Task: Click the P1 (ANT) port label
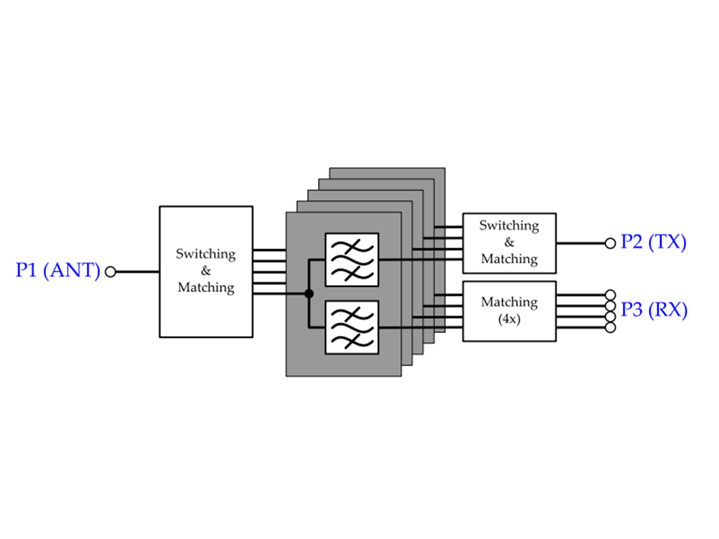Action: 58,271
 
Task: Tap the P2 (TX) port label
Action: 653,242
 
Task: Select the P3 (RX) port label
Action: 653,310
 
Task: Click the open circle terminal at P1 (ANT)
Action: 110,272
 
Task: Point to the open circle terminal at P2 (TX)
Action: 611,243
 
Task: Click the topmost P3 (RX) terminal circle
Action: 611,295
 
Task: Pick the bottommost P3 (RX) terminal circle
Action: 611,327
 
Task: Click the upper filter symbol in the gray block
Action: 352,260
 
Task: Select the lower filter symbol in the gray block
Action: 352,327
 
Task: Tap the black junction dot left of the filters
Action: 309,293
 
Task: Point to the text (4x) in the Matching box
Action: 509,319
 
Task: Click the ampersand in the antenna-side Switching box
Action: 206,271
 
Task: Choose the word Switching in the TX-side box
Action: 509,226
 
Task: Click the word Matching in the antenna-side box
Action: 206,287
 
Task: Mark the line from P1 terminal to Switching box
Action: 137,272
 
